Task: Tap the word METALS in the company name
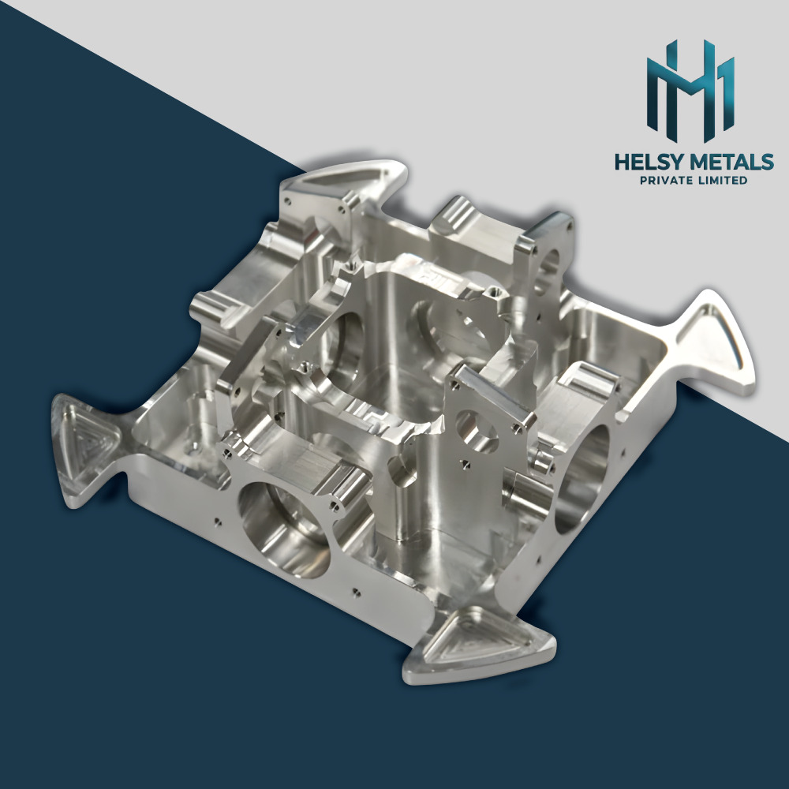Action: click(731, 163)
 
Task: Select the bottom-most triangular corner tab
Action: click(473, 651)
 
